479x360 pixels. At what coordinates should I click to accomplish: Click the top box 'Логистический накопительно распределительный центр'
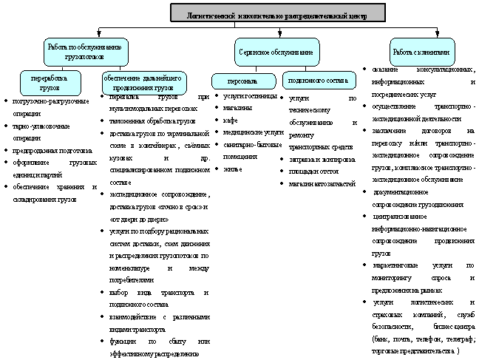pyautogui.click(x=277, y=13)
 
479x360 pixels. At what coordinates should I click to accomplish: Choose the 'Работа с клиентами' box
pyautogui.click(x=422, y=52)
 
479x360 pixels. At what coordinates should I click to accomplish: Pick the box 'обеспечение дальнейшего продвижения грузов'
pyautogui.click(x=142, y=79)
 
